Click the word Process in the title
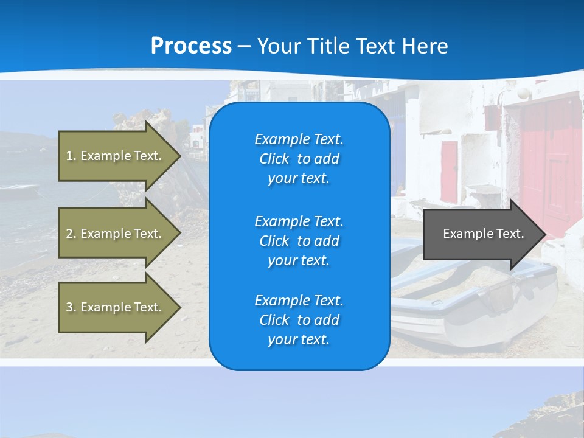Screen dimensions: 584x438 (x=191, y=46)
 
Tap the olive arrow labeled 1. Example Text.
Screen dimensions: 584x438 (x=119, y=156)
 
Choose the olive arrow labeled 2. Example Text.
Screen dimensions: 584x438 (x=119, y=233)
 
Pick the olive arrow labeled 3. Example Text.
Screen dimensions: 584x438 (x=119, y=307)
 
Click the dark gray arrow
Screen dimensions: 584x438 (x=484, y=234)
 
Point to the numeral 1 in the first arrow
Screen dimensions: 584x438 (x=69, y=156)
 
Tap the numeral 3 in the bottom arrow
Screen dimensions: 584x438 (x=69, y=307)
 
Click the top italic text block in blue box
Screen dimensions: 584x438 (x=299, y=159)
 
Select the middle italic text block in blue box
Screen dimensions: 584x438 (x=299, y=241)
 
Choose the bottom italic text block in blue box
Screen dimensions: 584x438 (x=299, y=319)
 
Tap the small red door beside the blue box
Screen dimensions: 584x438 (x=449, y=172)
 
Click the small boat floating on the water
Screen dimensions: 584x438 (x=19, y=190)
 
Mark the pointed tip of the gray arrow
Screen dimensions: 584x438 (x=546, y=234)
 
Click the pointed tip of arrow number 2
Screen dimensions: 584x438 (x=181, y=233)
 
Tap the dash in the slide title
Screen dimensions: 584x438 (x=244, y=47)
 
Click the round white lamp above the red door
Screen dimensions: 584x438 (x=524, y=93)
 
